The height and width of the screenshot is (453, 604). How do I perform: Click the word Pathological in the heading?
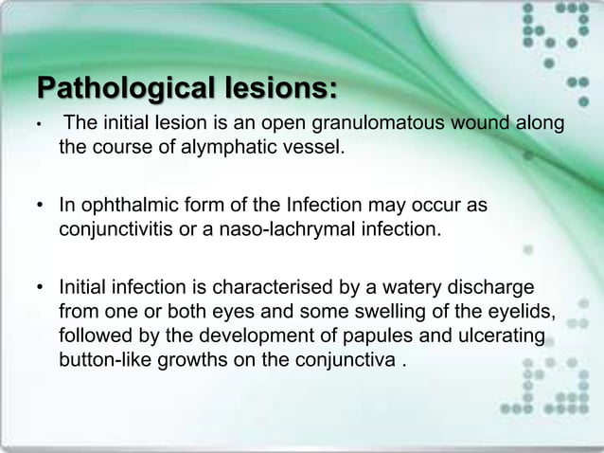[x=122, y=90]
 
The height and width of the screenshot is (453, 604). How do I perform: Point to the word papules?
[x=341, y=335]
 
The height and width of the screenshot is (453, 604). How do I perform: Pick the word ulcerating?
[x=498, y=335]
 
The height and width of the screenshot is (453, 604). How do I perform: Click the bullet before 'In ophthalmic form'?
[x=42, y=207]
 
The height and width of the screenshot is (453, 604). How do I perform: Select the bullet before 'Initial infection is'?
[x=42, y=287]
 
